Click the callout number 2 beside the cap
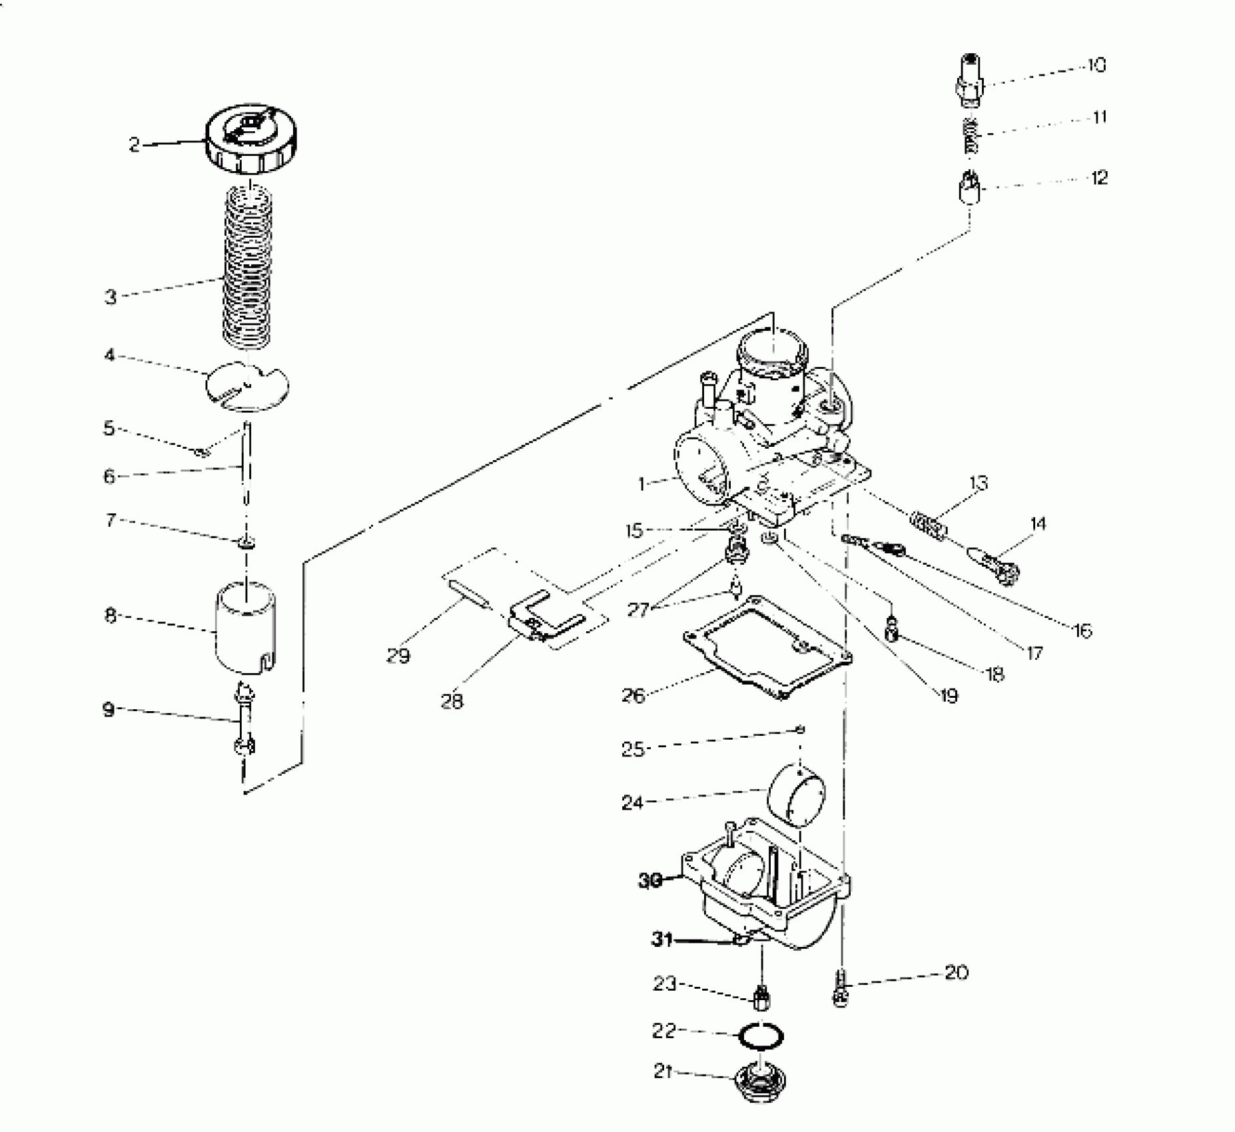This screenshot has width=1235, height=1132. [135, 145]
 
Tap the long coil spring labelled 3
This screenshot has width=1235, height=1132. [247, 266]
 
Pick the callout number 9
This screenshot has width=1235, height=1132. [109, 710]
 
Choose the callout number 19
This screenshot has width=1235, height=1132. [949, 696]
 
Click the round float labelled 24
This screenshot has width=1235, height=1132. [797, 794]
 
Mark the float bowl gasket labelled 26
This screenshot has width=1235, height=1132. [766, 646]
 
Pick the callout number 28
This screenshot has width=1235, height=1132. [452, 701]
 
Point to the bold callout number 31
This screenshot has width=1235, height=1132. [662, 940]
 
